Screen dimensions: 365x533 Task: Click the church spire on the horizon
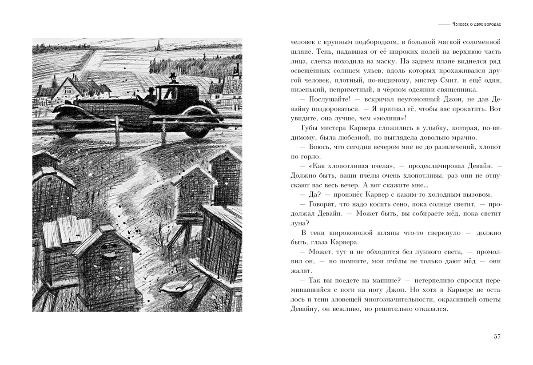coord(158,44)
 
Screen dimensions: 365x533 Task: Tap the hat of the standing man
coord(173,75)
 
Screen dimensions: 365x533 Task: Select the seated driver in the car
coord(151,95)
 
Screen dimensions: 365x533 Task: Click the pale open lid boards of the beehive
coord(64,231)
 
